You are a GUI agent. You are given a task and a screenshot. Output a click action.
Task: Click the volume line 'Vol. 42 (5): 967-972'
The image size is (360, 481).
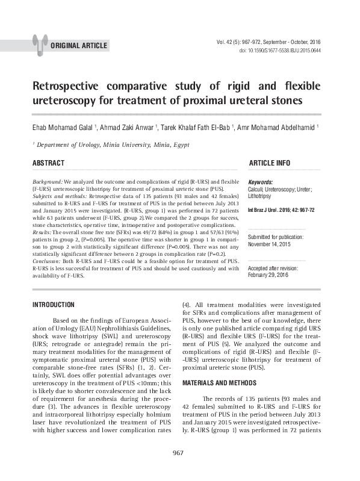tap(268, 42)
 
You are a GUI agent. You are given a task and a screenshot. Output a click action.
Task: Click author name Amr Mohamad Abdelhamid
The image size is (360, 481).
tap(276, 128)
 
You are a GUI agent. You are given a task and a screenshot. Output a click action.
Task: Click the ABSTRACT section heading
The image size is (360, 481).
tap(48, 164)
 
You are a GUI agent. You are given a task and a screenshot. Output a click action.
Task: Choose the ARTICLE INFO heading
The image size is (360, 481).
tap(269, 164)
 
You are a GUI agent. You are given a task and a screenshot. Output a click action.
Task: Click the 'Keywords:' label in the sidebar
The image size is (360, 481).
tap(260, 182)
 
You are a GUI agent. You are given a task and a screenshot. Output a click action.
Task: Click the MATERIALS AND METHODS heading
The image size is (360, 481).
tap(220, 383)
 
